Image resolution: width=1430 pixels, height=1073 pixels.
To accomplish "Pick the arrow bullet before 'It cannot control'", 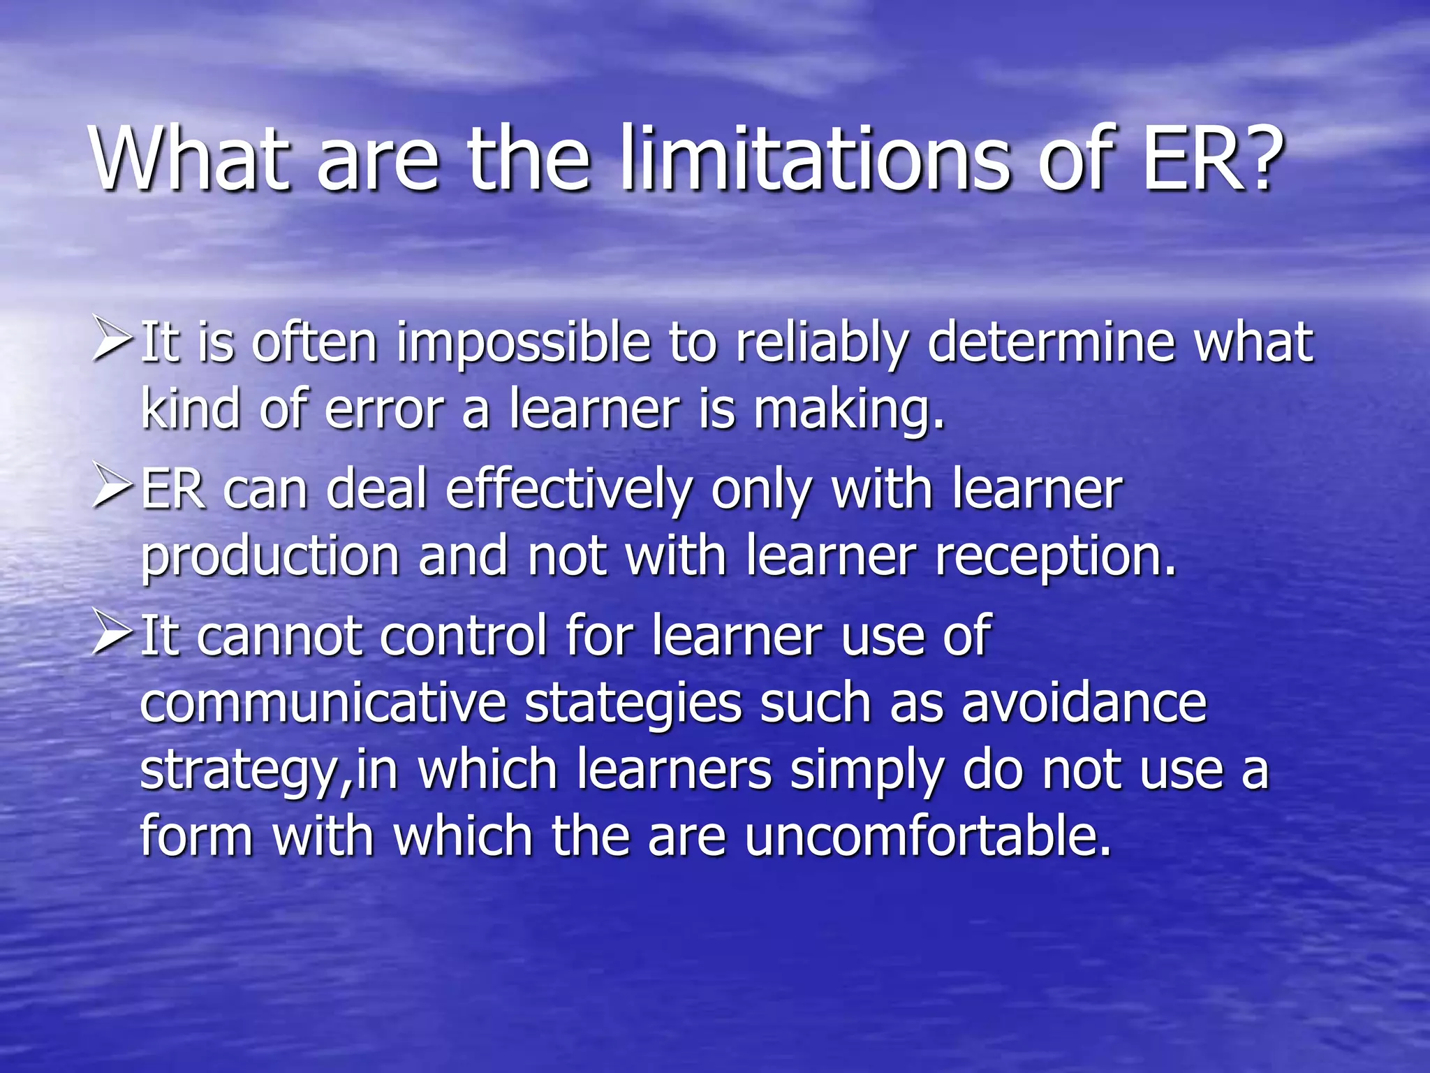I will [x=112, y=634].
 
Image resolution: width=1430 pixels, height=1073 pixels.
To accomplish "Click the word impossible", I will [x=523, y=344].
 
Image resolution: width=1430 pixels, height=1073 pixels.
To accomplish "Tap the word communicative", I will [x=323, y=703].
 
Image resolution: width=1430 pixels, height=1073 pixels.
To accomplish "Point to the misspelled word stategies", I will [x=633, y=704].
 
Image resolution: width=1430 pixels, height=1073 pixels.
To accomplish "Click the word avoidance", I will [x=1084, y=703].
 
